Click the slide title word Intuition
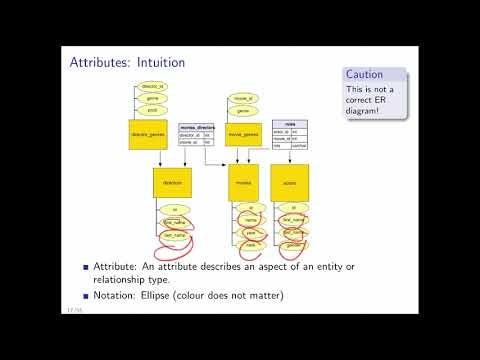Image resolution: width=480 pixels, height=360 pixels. [x=159, y=62]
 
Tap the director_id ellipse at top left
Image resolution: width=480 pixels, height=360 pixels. [x=153, y=87]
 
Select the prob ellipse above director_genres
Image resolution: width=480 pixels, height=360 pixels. [x=153, y=110]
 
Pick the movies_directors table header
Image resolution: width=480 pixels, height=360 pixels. [x=197, y=128]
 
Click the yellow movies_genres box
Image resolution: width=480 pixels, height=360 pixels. [x=243, y=135]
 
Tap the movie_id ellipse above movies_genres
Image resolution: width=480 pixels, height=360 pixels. [x=243, y=99]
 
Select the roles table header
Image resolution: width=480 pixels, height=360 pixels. [x=289, y=123]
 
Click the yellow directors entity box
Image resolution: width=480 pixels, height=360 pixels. [x=171, y=184]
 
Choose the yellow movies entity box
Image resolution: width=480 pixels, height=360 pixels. [x=243, y=184]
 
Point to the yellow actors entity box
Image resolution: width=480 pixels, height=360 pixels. [x=290, y=184]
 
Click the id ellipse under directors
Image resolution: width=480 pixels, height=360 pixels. [x=174, y=210]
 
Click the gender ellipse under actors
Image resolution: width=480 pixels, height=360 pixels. [x=294, y=243]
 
